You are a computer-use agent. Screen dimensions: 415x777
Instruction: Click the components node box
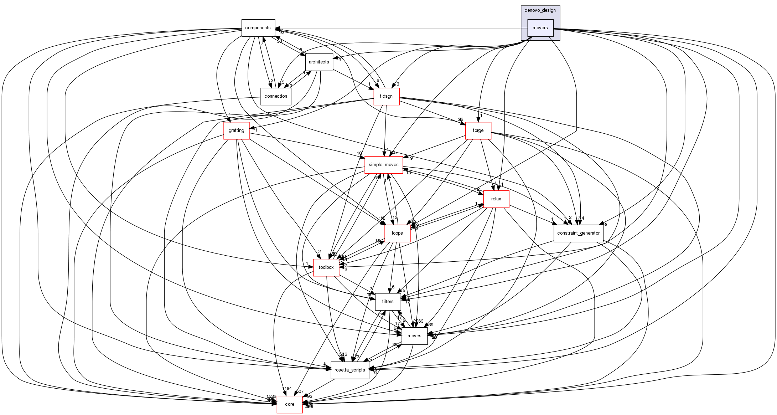[x=258, y=28]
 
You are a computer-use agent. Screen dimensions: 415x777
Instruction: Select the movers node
[x=540, y=28]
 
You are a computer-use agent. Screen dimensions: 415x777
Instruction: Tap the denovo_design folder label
[x=540, y=10]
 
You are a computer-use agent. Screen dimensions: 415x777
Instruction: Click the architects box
[x=319, y=62]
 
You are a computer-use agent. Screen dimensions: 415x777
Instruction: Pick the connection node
[x=276, y=96]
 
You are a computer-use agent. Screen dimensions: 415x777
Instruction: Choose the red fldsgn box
[x=386, y=96]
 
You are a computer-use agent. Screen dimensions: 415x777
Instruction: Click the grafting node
[x=236, y=130]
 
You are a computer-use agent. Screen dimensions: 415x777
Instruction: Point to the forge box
[x=478, y=130]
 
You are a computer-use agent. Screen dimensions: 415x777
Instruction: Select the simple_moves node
[x=384, y=165]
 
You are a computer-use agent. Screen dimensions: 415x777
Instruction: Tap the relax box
[x=496, y=199]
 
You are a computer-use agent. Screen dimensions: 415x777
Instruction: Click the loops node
[x=397, y=233]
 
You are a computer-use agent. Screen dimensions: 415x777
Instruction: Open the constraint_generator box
[x=578, y=233]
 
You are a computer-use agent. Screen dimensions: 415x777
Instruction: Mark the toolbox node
[x=326, y=267]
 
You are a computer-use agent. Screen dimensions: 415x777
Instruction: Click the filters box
[x=388, y=302]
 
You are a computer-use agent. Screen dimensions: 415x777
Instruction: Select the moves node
[x=414, y=336]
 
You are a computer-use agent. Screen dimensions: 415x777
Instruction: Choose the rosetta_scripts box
[x=350, y=370]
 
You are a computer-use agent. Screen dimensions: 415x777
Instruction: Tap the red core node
[x=290, y=404]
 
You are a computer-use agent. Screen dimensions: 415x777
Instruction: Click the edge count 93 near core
[x=310, y=396]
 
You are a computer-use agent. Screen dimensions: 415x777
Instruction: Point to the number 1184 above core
[x=287, y=389]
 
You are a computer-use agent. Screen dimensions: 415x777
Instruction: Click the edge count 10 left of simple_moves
[x=359, y=154]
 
